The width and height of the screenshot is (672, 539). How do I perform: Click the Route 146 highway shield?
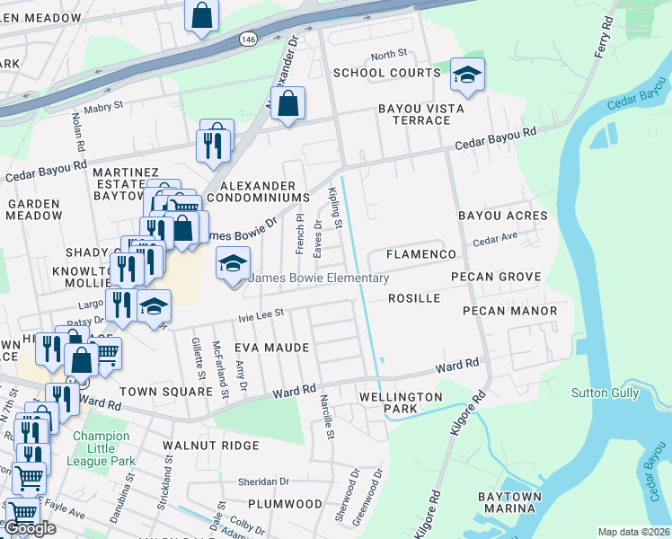pos(247,40)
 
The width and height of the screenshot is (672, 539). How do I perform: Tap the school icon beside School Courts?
pos(467,75)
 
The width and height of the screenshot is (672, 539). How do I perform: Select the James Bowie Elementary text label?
pos(318,278)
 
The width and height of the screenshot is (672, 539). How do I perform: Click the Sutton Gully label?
pos(605,393)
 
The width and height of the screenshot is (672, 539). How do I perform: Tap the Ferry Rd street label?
pos(604,40)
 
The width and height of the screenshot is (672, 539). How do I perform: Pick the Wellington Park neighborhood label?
pos(401,402)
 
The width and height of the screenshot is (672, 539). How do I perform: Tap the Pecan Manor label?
pos(509,311)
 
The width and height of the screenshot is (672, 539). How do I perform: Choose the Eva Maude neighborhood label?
pos(271,348)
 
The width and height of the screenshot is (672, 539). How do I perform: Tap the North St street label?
pos(388,55)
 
